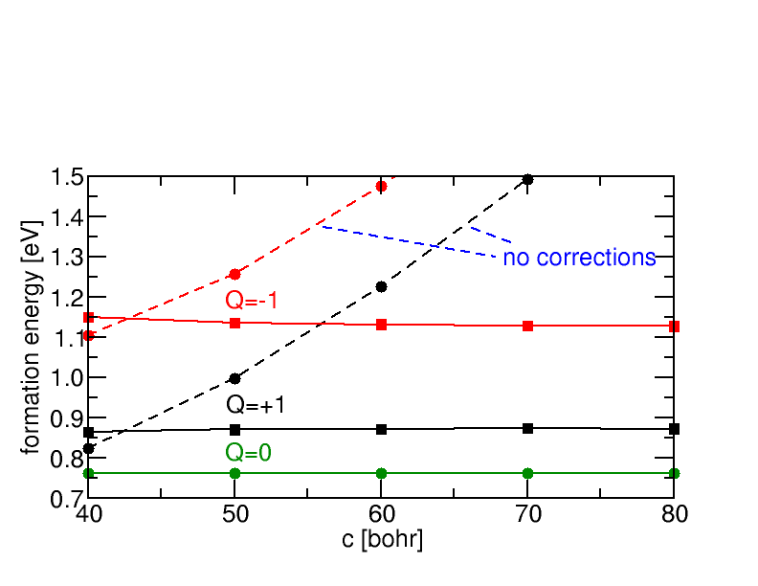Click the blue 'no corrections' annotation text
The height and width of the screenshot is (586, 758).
579,258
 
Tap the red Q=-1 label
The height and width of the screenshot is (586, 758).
251,301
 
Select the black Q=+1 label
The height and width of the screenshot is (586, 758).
256,405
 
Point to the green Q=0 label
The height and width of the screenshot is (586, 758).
249,453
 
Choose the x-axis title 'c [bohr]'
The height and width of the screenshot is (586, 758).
382,540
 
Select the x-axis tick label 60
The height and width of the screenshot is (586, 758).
382,515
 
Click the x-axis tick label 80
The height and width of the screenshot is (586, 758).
674,515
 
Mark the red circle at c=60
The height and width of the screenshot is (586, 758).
381,186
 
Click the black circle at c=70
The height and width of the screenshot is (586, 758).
527,179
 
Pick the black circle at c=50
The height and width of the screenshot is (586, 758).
235,378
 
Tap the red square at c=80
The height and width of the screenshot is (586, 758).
674,327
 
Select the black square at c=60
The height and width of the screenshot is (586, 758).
381,429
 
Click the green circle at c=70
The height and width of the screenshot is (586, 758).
527,473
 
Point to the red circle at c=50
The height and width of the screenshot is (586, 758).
235,274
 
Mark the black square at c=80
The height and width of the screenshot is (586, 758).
674,429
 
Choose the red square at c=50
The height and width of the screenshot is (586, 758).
235,323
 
